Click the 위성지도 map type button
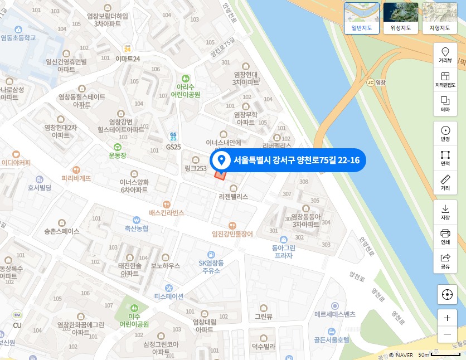(x=400, y=18)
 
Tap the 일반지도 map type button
(x=362, y=18)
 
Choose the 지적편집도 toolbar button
(x=445, y=80)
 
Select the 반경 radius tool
(x=445, y=133)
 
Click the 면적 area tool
(x=445, y=158)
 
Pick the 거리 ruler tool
(x=445, y=182)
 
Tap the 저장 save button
(x=445, y=212)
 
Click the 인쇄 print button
(x=445, y=236)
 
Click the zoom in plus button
(x=447, y=318)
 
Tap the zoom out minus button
(x=447, y=334)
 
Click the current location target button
(x=447, y=294)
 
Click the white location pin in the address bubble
(x=221, y=160)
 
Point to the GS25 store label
(x=173, y=146)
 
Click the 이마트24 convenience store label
(x=128, y=58)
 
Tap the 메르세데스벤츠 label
(x=334, y=314)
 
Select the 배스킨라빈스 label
(x=166, y=212)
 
